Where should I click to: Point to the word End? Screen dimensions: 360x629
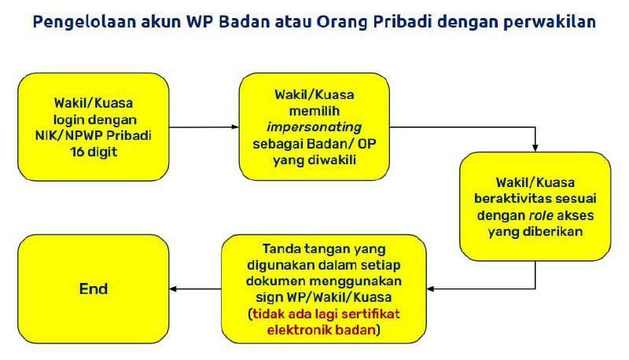tap(94, 288)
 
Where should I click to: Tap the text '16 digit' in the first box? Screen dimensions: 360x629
tap(93, 151)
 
